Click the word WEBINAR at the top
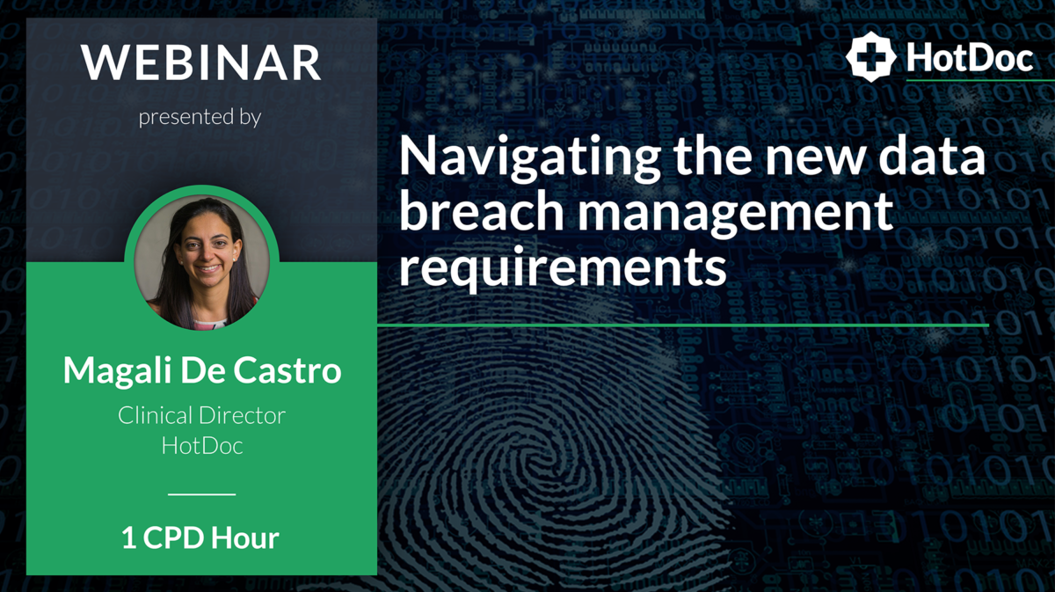[201, 63]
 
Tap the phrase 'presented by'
[200, 117]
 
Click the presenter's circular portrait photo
[201, 261]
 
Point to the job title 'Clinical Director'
[201, 416]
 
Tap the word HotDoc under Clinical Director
[201, 446]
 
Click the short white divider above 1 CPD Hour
[201, 494]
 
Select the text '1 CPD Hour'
[200, 538]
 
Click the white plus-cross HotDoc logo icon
[870, 57]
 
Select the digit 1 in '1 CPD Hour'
[128, 538]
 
